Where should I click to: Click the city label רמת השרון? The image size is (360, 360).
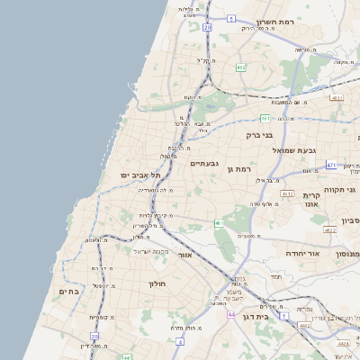click(x=276, y=21)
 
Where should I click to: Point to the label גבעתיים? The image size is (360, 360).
click(x=205, y=163)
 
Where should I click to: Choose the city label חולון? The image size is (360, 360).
click(x=157, y=283)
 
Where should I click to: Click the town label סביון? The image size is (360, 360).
click(x=350, y=220)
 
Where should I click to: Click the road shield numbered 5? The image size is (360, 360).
click(x=231, y=18)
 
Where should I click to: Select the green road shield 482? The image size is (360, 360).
click(x=240, y=67)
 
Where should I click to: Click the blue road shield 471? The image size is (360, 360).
click(x=331, y=165)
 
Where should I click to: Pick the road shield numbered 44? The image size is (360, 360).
click(x=231, y=314)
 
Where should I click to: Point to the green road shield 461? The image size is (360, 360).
click(x=218, y=223)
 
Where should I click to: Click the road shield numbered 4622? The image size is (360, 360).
click(x=330, y=230)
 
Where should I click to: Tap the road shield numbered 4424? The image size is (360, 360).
click(x=344, y=344)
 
